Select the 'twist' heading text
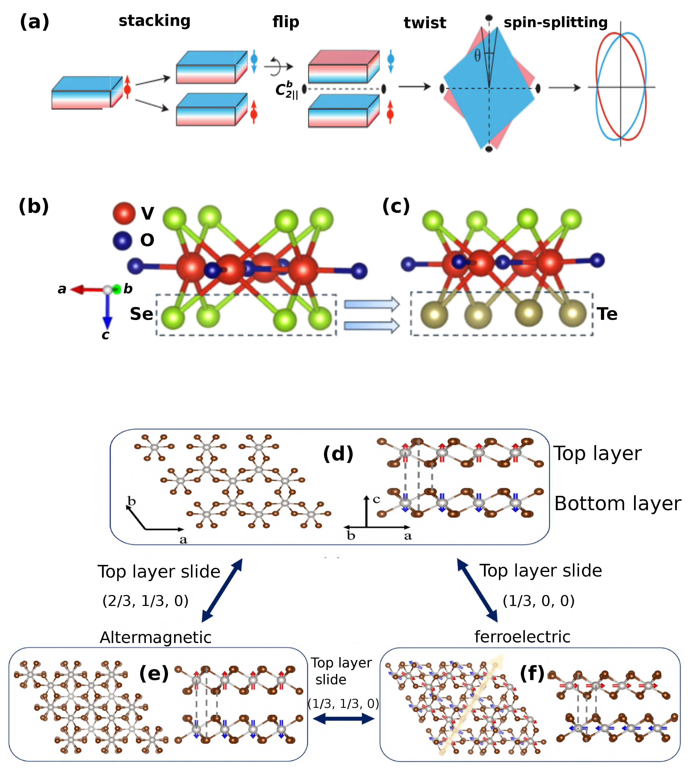tap(425, 23)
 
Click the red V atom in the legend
tap(124, 213)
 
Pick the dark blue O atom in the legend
tap(122, 240)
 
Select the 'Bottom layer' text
tap(617, 504)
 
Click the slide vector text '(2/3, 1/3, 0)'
tap(145, 601)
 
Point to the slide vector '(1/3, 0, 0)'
tap(538, 601)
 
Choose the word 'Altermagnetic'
tap(155, 638)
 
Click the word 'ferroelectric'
tap(522, 637)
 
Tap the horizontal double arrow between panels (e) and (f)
tap(344, 719)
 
